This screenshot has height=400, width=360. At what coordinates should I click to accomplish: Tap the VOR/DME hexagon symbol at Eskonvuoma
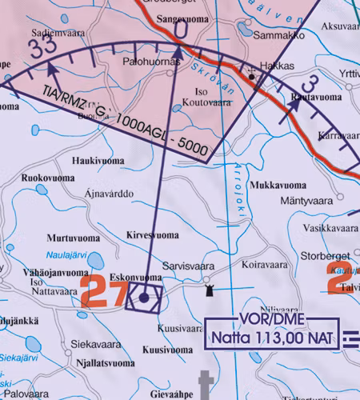144,298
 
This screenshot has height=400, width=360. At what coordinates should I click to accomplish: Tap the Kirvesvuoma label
153,235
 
